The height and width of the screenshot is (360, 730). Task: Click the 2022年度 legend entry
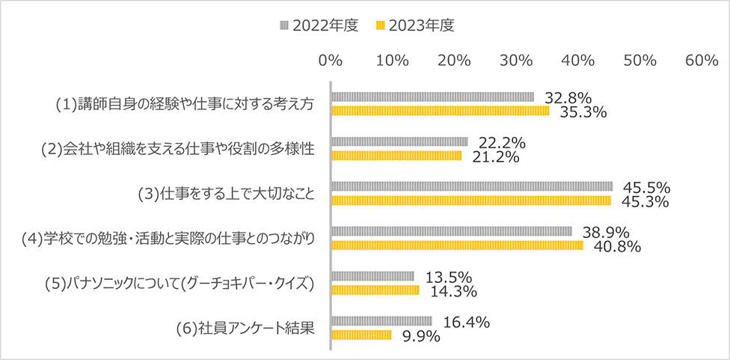[x=319, y=25]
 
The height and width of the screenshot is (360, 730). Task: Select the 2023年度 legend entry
[x=415, y=25]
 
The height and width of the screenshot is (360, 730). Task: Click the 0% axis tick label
[x=330, y=61]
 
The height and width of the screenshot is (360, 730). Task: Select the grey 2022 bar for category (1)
[x=432, y=97]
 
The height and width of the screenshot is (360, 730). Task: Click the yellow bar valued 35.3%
[x=440, y=111]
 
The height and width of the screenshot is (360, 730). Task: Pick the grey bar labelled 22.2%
[x=399, y=141]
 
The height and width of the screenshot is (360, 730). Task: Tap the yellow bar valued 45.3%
[x=471, y=201]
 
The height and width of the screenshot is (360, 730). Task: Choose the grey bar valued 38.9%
[x=451, y=231]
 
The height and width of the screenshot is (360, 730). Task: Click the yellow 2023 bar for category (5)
[x=375, y=290]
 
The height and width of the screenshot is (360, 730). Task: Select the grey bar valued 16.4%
[x=381, y=321]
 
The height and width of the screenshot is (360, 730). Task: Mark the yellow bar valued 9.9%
[x=361, y=335]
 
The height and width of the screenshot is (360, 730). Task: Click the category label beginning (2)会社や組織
[x=176, y=149]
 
